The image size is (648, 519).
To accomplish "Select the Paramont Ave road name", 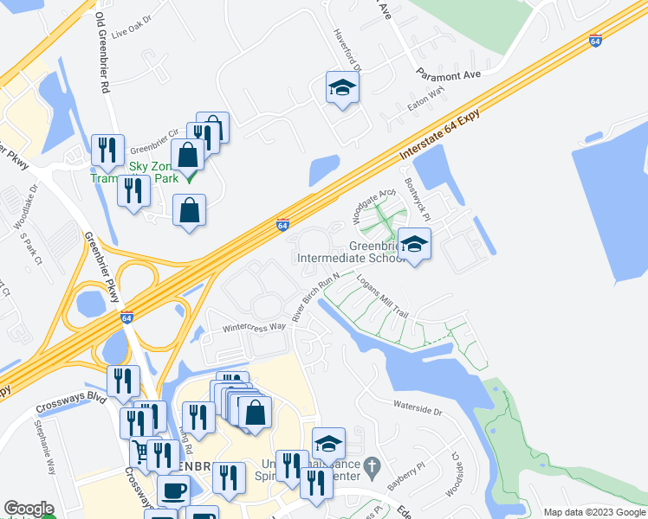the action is [x=448, y=74].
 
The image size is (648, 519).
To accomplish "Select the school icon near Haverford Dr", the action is [x=342, y=87].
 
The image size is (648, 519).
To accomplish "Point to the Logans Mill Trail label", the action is [x=382, y=296].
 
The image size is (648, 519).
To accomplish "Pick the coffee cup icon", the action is [x=173, y=490].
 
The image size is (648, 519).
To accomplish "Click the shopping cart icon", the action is [x=139, y=452].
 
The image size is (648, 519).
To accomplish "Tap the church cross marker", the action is [x=372, y=466].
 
